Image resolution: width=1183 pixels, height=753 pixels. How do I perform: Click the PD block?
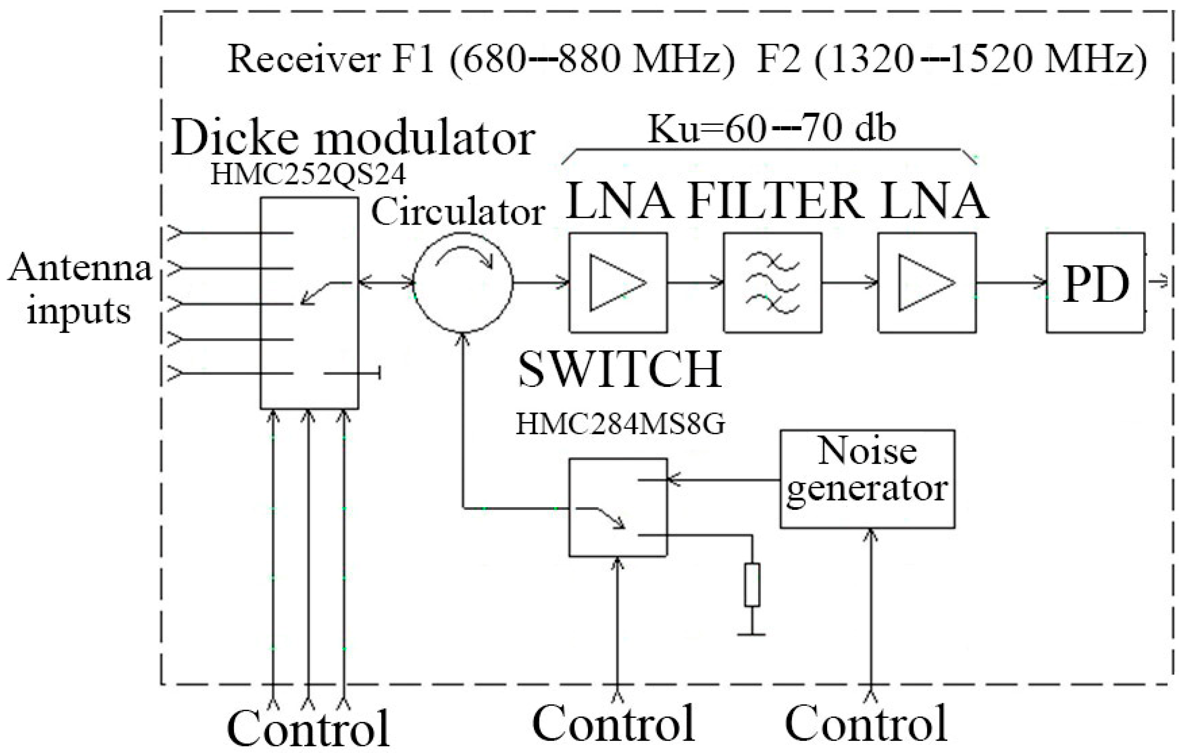1095,283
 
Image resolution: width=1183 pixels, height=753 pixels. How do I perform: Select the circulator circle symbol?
463,283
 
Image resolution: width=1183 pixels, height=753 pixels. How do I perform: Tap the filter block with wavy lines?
772,283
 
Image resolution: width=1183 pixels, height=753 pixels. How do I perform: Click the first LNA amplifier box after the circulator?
618,283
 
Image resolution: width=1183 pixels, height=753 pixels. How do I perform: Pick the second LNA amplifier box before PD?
926,283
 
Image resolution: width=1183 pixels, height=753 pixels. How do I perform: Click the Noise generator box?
867,479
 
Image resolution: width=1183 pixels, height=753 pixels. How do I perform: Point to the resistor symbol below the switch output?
751,584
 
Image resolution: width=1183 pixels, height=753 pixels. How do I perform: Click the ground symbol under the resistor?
751,634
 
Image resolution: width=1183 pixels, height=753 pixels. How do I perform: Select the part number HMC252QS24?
308,175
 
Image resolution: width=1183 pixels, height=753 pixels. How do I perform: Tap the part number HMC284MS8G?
620,424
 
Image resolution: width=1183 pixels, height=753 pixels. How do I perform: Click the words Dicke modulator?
353,139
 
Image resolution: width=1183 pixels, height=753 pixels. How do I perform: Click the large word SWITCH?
620,370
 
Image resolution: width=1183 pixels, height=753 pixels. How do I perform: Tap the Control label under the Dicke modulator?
308,729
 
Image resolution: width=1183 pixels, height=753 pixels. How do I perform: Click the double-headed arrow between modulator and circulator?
386,283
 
